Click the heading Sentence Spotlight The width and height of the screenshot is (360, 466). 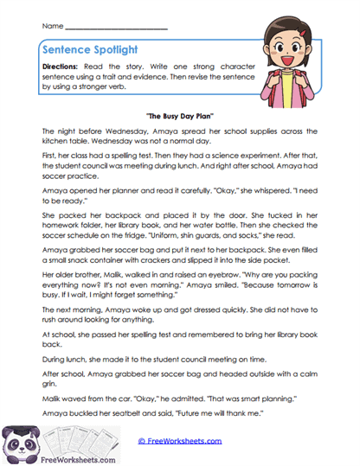click(94, 50)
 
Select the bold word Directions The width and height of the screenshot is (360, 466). click(66, 67)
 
